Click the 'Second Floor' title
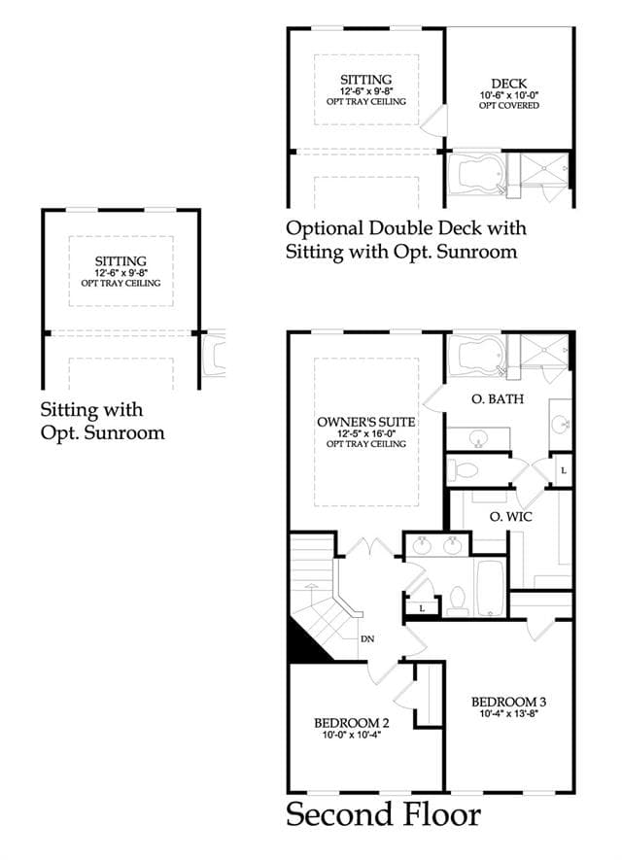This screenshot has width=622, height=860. pos(383,814)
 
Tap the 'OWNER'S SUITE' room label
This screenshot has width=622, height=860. pos(365,422)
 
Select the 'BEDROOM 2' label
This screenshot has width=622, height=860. pos(352,723)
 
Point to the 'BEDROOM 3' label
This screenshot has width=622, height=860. pos(508,702)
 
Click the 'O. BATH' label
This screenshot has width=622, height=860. pos(498,398)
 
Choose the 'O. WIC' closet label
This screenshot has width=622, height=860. pos(510,516)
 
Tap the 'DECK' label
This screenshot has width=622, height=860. pos(509,84)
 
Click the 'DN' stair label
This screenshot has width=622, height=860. pos(367,639)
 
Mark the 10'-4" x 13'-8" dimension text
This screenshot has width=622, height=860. pos(508,713)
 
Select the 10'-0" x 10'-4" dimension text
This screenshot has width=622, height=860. pos(352,735)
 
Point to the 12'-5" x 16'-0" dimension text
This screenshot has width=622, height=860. pos(365,433)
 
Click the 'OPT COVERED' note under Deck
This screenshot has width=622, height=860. pos(509,105)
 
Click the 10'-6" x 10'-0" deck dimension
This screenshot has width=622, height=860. pos(509,95)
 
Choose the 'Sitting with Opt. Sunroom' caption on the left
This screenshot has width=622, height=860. pos(103,421)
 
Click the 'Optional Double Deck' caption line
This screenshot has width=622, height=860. pos(406,227)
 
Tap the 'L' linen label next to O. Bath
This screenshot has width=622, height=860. pos(564,470)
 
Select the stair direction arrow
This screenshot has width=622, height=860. pos(311,594)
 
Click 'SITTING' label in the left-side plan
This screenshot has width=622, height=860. pos(121,261)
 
